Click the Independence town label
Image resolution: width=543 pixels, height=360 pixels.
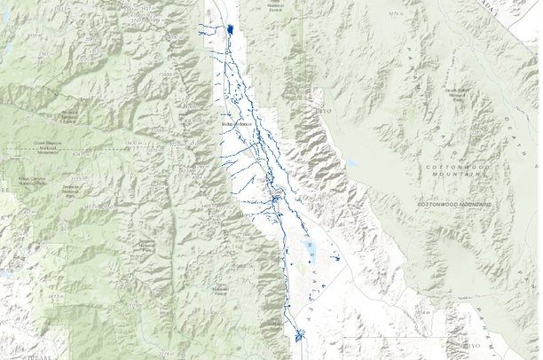239,127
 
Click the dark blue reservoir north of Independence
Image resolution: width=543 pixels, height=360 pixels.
231,29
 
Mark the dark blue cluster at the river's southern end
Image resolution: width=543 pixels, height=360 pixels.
299,335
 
